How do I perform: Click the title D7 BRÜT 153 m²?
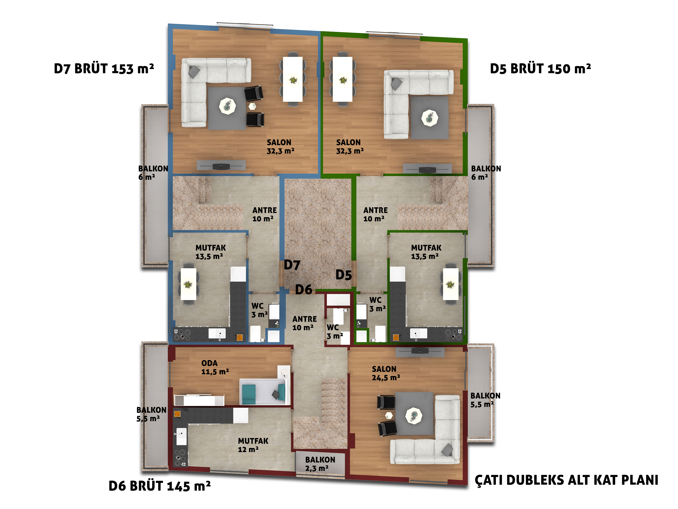click(x=104, y=68)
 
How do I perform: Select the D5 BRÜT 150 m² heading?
click(x=540, y=68)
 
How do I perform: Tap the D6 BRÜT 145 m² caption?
click(x=160, y=486)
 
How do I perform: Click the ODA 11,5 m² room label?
click(x=215, y=367)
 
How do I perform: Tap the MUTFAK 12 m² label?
click(x=253, y=445)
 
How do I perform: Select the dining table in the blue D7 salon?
click(x=293, y=79)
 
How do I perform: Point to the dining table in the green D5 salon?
click(x=342, y=79)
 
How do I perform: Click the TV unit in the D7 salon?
click(x=221, y=165)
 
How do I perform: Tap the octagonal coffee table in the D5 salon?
click(x=430, y=118)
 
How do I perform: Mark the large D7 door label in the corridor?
click(x=292, y=265)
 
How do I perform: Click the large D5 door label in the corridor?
click(x=344, y=275)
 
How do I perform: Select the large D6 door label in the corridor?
click(x=304, y=289)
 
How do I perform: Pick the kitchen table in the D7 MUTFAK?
click(x=188, y=284)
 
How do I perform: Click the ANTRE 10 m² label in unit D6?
click(x=304, y=323)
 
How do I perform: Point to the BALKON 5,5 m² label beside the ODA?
click(x=151, y=414)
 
